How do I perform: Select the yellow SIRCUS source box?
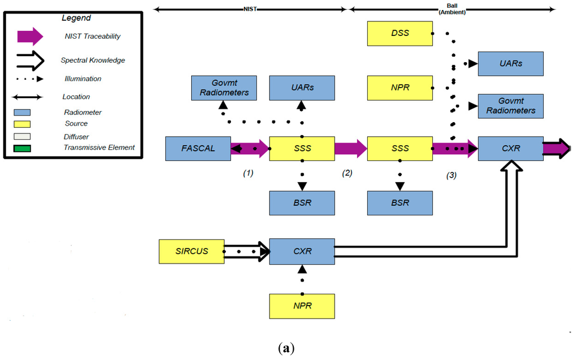coord(191,251)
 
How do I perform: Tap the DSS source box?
coord(400,33)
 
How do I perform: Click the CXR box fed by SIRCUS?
coord(302,251)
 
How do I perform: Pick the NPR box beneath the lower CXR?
coord(302,306)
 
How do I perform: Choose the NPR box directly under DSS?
coord(400,88)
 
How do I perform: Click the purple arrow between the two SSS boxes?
coord(351,149)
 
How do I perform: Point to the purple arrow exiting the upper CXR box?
coord(556,149)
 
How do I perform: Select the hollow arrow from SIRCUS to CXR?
coord(247,251)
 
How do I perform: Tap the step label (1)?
coord(248,173)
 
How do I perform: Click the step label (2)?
coord(347,173)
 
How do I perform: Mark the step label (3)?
coord(451,175)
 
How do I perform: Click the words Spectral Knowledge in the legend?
coord(92,60)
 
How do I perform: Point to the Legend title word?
coord(76,18)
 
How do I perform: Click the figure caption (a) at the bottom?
coord(286,349)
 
